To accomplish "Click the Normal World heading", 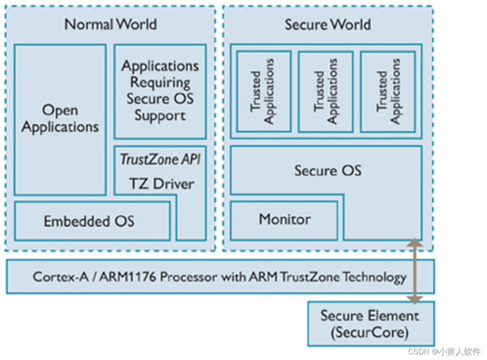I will click(x=110, y=24).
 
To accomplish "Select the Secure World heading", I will click(x=328, y=24).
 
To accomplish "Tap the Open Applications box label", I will click(x=60, y=119).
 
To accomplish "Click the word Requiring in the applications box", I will click(x=160, y=82).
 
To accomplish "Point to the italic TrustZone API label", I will click(x=160, y=159).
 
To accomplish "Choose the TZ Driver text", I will click(x=162, y=184).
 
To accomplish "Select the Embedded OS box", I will click(x=89, y=221).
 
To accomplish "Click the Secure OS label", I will click(x=328, y=171).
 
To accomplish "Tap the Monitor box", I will click(x=285, y=219).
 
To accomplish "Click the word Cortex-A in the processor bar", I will click(x=54, y=277).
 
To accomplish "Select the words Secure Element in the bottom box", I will click(x=370, y=316).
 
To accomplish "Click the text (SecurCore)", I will click(x=370, y=333).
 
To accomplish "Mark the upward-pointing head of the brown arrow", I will click(x=415, y=243).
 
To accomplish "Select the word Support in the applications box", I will click(x=160, y=116).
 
